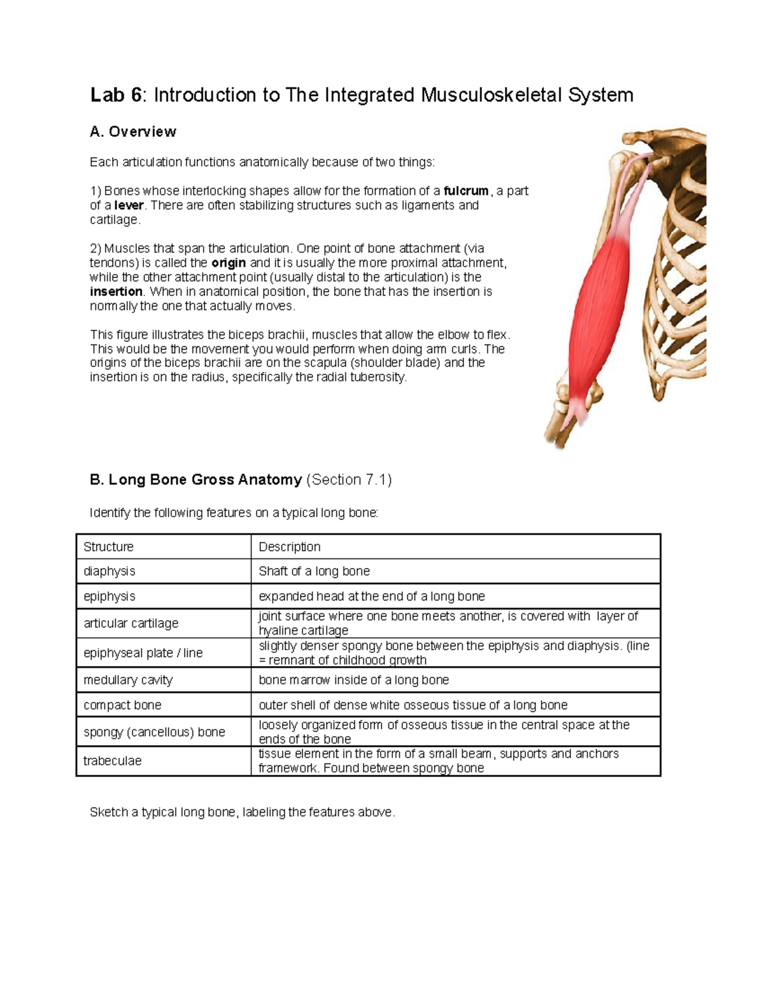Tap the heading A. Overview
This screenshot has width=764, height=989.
pyautogui.click(x=133, y=132)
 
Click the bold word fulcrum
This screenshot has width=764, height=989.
pyautogui.click(x=466, y=191)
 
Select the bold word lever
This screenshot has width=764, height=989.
pyautogui.click(x=129, y=206)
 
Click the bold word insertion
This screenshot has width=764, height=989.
pyautogui.click(x=117, y=292)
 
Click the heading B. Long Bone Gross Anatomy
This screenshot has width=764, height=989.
pyautogui.click(x=196, y=480)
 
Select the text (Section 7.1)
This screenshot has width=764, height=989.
pyautogui.click(x=349, y=480)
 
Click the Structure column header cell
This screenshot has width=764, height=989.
pyautogui.click(x=109, y=547)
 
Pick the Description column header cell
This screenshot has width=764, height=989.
pyautogui.click(x=290, y=547)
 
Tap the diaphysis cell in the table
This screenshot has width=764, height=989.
pyautogui.click(x=110, y=571)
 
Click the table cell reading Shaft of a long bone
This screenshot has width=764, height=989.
pyautogui.click(x=315, y=571)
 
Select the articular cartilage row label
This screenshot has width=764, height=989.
pyautogui.click(x=131, y=623)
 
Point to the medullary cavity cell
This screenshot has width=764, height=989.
pyautogui.click(x=128, y=680)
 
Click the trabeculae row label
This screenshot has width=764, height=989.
pyautogui.click(x=113, y=761)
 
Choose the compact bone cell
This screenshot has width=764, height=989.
pyautogui.click(x=122, y=706)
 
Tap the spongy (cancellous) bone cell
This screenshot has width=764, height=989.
pyautogui.click(x=154, y=732)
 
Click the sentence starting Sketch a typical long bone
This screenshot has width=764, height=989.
pyautogui.click(x=242, y=813)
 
